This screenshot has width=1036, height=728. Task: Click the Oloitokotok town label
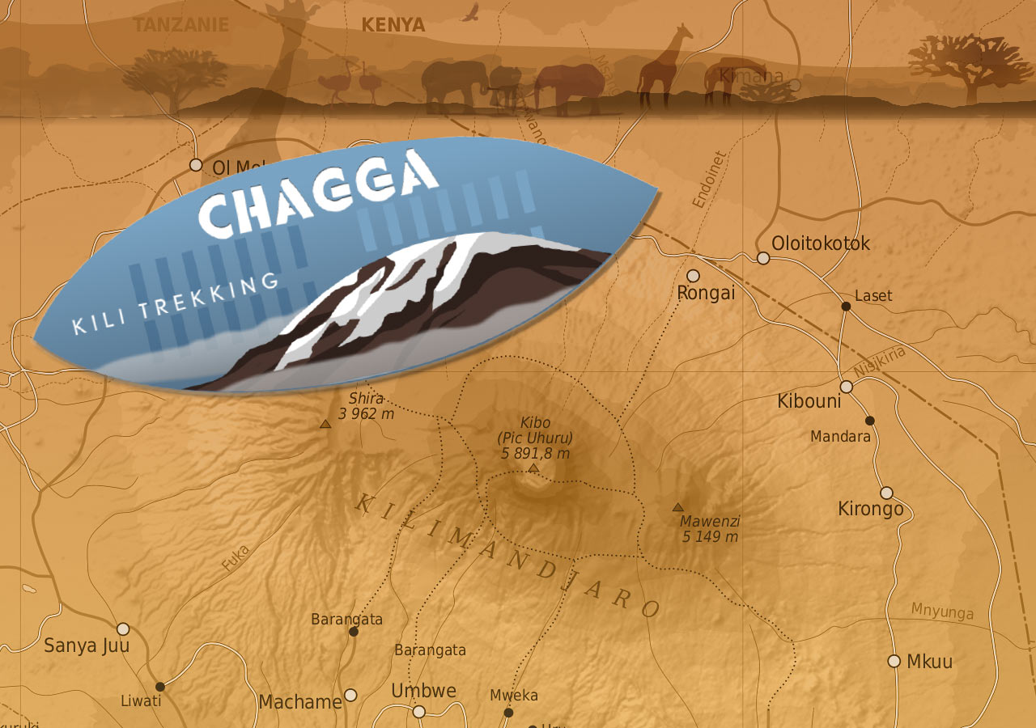(821, 243)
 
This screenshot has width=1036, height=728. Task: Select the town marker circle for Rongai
(693, 276)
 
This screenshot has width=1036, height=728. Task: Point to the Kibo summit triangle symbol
(533, 468)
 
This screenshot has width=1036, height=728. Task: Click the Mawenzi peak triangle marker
(678, 507)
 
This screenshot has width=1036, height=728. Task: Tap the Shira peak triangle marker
(325, 424)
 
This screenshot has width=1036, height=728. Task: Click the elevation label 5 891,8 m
(536, 453)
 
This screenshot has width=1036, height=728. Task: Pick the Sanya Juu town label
(87, 645)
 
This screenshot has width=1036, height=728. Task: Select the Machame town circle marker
(350, 695)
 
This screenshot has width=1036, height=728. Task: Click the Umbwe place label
(424, 691)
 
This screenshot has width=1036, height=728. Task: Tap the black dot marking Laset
(846, 306)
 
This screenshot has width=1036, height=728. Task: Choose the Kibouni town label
(809, 401)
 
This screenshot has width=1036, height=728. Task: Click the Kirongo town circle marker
(887, 493)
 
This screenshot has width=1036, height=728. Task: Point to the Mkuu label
(929, 662)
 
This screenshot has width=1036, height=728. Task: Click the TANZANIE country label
(181, 25)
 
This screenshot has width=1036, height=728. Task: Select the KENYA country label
(393, 25)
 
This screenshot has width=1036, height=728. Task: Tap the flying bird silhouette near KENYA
(471, 11)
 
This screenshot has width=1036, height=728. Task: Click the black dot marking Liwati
(160, 687)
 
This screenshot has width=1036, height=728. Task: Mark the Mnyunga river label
(942, 611)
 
